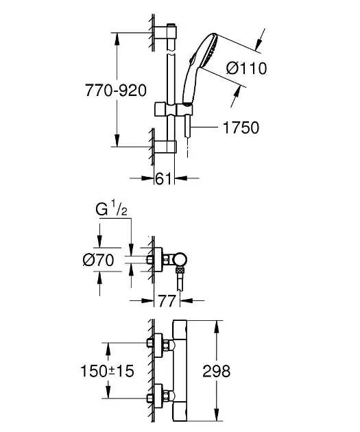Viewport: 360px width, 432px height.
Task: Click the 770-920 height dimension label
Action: click(116, 91)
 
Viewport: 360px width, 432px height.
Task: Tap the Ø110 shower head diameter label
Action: click(247, 69)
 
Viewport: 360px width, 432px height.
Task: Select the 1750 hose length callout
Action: click(241, 128)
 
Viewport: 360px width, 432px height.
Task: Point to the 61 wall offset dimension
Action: click(164, 179)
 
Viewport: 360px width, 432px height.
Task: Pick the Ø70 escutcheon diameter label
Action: click(98, 260)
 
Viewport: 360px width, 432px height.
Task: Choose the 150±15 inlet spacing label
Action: click(107, 371)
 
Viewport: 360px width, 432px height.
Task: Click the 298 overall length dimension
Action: click(217, 371)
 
